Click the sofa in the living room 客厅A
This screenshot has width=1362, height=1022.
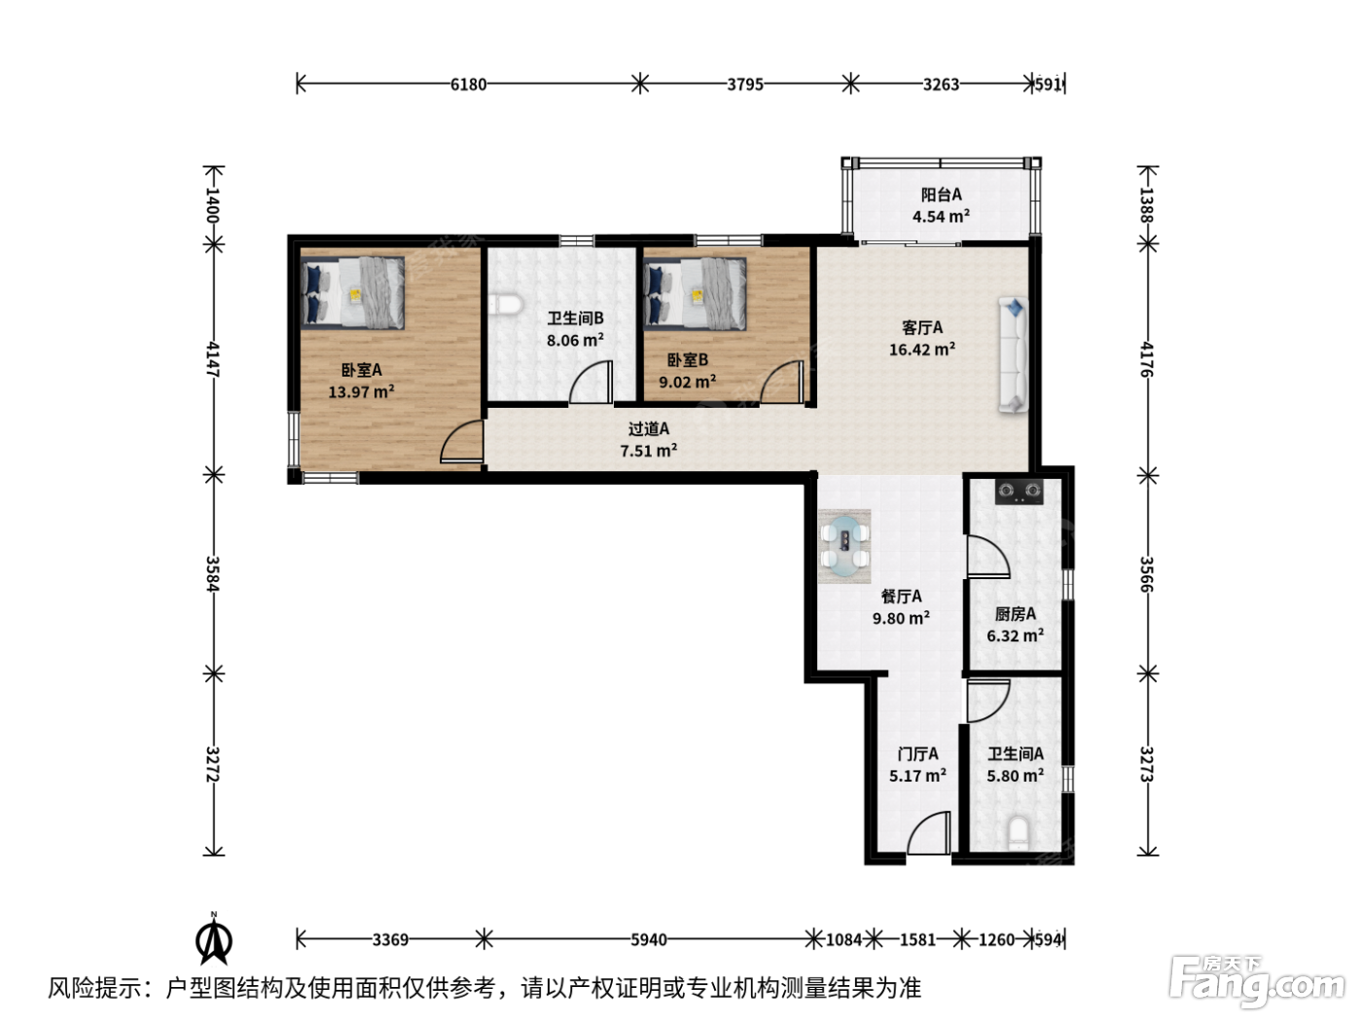[1013, 355]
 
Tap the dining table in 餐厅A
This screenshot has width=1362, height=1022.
[844, 546]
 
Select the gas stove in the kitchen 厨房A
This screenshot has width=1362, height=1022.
[1019, 492]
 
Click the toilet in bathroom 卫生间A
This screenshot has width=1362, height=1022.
[1019, 833]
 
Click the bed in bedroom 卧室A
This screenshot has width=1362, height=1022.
[353, 292]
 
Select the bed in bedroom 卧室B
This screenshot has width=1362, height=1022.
[695, 294]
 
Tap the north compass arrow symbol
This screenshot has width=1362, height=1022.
[214, 940]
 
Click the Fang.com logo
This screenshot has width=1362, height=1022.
[1256, 982]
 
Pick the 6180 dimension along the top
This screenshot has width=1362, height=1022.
[469, 84]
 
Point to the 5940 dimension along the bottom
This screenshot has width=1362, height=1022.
[649, 940]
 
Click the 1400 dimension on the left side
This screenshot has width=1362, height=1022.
[213, 204]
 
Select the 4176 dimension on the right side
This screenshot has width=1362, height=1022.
[1147, 359]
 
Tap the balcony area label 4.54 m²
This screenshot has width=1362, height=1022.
[941, 216]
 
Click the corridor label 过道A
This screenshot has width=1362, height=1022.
[649, 429]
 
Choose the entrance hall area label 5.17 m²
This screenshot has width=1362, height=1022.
[917, 776]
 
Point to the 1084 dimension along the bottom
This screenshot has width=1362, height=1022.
[843, 940]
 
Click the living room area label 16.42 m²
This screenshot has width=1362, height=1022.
[922, 349]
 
